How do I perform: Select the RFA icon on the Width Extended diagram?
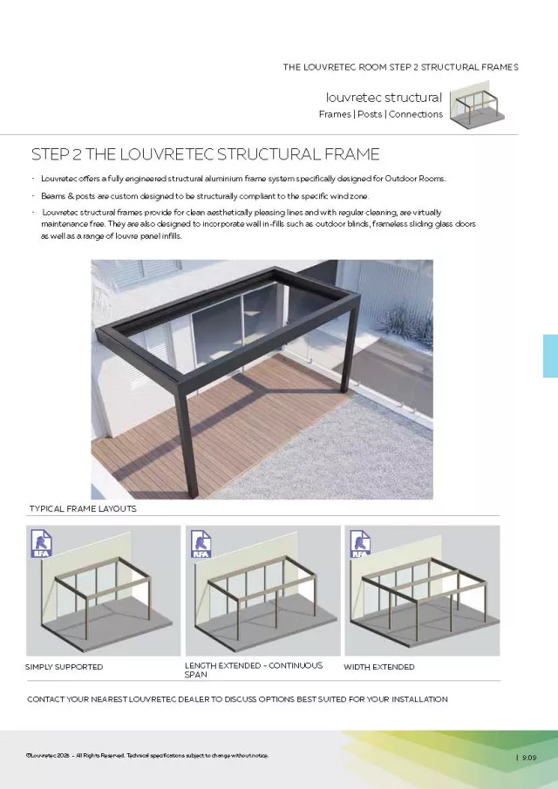[x=359, y=544]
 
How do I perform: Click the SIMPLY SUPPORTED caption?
[x=64, y=667]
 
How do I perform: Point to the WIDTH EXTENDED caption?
[x=378, y=667]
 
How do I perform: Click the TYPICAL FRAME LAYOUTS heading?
[x=83, y=508]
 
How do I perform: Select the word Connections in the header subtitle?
[x=416, y=114]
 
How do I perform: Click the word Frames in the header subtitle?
[x=335, y=114]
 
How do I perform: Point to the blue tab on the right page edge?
[x=550, y=356]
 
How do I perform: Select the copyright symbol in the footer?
[x=29, y=755]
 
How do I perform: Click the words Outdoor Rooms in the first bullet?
[x=418, y=179]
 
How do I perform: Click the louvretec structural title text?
[x=384, y=98]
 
